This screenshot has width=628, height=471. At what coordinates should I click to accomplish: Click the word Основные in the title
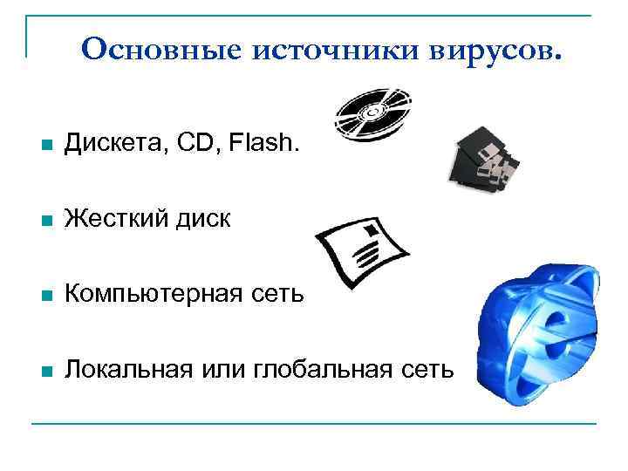[160, 50]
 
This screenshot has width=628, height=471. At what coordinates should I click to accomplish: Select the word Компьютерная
[155, 295]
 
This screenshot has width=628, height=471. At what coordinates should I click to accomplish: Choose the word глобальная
[322, 370]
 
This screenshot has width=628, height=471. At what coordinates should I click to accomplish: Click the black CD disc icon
[373, 114]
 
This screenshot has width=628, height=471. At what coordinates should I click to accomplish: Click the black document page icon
[361, 252]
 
